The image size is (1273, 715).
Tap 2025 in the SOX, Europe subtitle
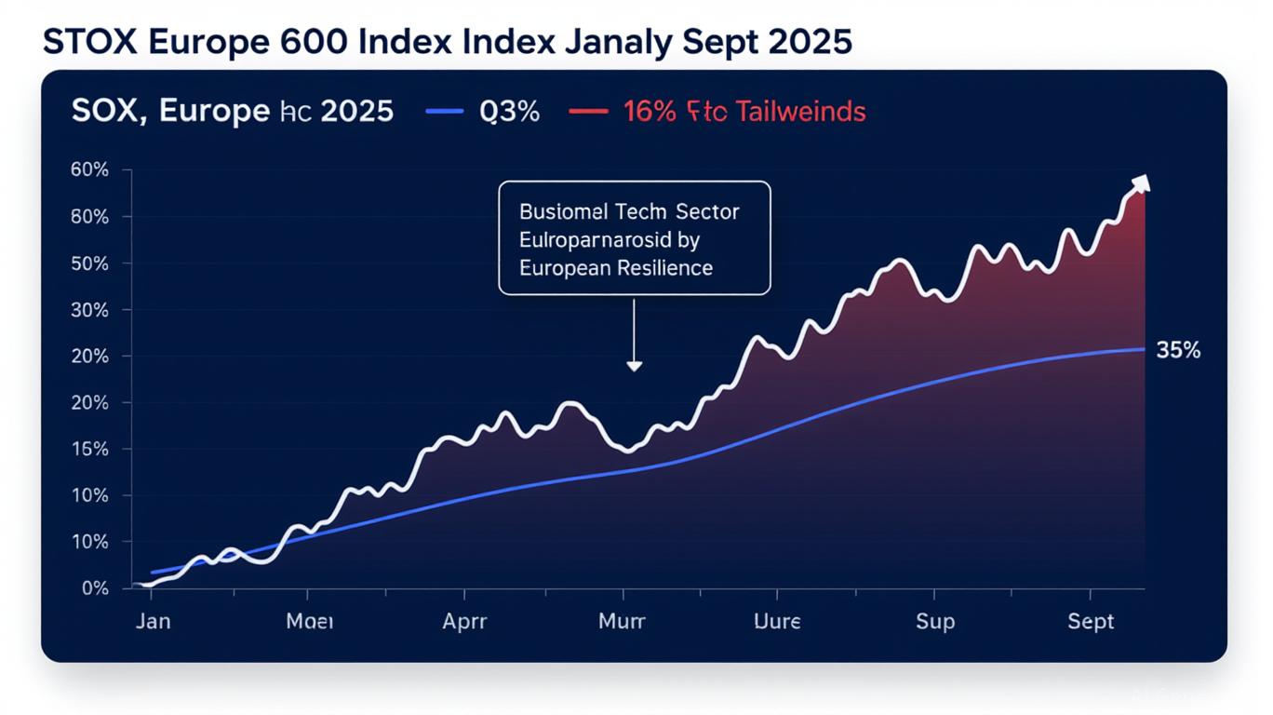[356, 112]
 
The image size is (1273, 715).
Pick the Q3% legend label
[509, 112]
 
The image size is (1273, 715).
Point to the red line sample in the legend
[587, 112]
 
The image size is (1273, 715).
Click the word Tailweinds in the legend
[801, 112]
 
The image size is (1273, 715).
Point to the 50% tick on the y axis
[89, 263]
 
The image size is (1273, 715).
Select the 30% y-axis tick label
[89, 310]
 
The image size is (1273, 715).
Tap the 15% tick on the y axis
[89, 450]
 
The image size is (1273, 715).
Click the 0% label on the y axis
[95, 588]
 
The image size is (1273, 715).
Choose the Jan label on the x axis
[153, 621]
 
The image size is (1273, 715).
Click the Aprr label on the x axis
[464, 621]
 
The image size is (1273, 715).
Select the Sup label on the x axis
[934, 621]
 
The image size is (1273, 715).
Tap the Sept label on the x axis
[1091, 621]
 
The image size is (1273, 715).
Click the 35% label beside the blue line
[1178, 351]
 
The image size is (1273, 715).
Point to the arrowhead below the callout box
[634, 366]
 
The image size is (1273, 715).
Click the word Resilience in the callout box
[663, 268]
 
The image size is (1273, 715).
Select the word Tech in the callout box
[639, 211]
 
